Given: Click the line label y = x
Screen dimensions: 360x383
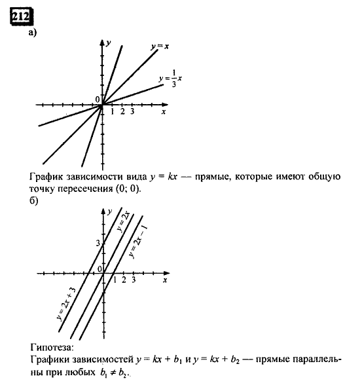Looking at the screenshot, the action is [160, 46].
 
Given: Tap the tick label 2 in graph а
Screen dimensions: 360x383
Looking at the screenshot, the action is [122, 112].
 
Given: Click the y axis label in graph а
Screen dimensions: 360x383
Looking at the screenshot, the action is [109, 43].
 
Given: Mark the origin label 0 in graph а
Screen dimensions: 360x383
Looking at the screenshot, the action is [97, 99].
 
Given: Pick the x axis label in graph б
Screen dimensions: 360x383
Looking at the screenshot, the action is [165, 280].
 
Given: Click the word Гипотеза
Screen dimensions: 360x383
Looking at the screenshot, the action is [52, 347].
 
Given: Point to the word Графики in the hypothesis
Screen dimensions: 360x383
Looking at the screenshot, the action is [49, 359].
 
